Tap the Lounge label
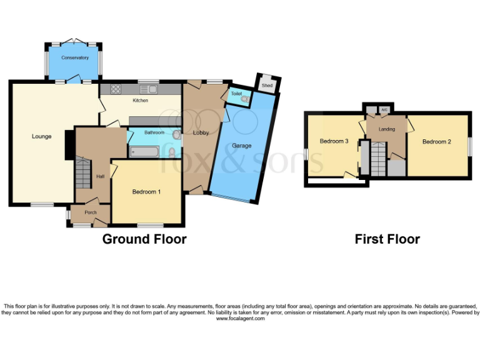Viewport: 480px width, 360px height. point(42,136)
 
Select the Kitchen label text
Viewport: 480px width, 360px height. point(140,100)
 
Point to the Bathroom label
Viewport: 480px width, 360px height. point(154,132)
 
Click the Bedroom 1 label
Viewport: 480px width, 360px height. point(146,192)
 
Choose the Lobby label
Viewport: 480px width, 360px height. point(201,132)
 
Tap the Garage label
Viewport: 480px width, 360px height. point(242,146)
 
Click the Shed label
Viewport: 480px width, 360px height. point(267,85)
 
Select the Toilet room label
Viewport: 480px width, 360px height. point(236,94)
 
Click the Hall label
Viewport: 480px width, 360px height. point(100,176)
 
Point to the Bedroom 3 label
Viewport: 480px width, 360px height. point(334,141)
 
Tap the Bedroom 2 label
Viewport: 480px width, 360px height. point(436,141)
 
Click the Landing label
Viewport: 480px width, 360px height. point(387,129)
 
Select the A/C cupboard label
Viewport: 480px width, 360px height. point(384,110)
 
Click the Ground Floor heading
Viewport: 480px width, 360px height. point(144,239)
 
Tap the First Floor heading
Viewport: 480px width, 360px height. point(387,239)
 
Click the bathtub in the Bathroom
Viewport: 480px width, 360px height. point(146,151)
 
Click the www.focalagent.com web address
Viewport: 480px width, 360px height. point(241,318)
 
